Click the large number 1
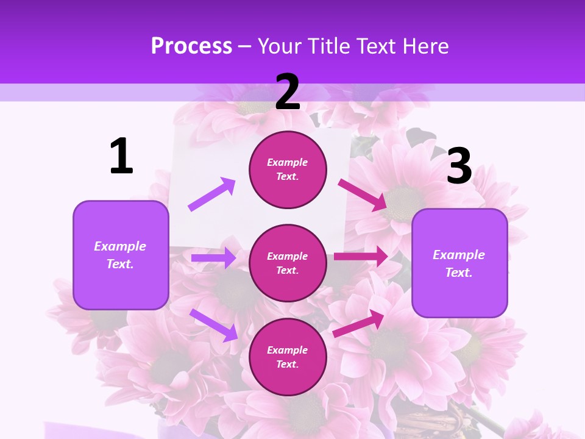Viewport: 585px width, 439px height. pos(121,157)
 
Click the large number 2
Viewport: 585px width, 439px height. pos(288,92)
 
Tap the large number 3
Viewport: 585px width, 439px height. pos(459,166)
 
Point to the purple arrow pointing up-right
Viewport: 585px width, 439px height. pos(211,195)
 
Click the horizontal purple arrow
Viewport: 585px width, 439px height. pos(213,259)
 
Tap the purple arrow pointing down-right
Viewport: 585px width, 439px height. pos(213,325)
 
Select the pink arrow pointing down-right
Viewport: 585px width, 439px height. pos(363,195)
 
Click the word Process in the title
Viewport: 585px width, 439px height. pos(191,46)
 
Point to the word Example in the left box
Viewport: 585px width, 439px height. pos(120,246)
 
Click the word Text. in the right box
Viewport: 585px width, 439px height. pos(459,273)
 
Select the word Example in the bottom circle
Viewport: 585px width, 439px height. pos(288,350)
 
